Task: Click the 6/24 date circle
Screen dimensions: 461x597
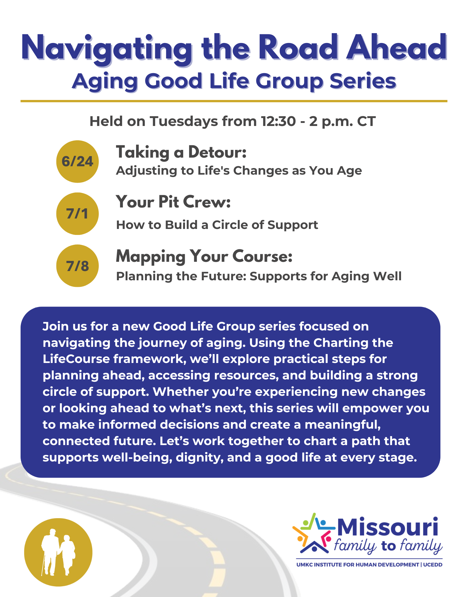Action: point(77,161)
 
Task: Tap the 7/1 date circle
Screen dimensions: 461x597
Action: point(77,214)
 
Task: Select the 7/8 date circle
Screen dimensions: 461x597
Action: point(77,266)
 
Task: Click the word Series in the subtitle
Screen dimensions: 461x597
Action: point(363,81)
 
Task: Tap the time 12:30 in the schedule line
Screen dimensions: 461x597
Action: point(278,121)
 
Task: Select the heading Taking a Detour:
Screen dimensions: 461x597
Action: point(181,152)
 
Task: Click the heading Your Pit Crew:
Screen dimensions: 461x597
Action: point(173,202)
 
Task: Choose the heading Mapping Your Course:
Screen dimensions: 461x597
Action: point(204,257)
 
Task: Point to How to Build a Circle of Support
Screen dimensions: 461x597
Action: point(217,225)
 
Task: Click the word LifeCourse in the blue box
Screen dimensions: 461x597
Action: point(76,359)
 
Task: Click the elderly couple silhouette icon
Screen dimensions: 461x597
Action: point(58,553)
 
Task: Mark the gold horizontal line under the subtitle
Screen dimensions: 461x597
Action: point(234,101)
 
